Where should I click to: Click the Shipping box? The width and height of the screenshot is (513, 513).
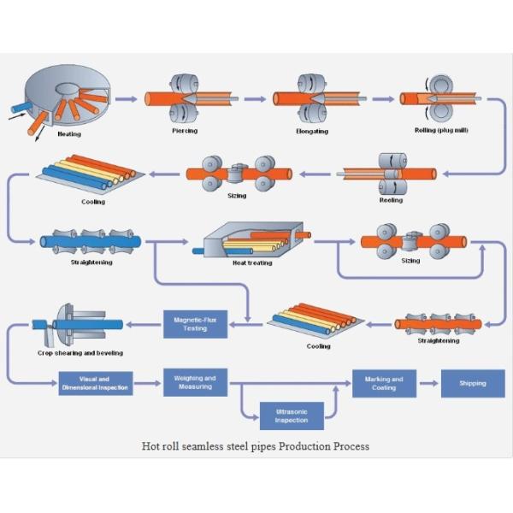coord(473,383)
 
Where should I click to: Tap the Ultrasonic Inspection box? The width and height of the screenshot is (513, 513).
coord(292,416)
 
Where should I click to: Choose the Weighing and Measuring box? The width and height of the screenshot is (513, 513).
coord(195,382)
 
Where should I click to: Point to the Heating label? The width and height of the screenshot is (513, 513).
coord(69,134)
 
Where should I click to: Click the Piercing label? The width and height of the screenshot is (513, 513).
coord(186,132)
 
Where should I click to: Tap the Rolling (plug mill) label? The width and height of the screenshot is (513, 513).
coord(449,130)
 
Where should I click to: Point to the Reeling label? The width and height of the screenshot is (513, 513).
coord(391,200)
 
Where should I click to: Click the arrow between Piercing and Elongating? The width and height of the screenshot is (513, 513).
coord(248,99)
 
